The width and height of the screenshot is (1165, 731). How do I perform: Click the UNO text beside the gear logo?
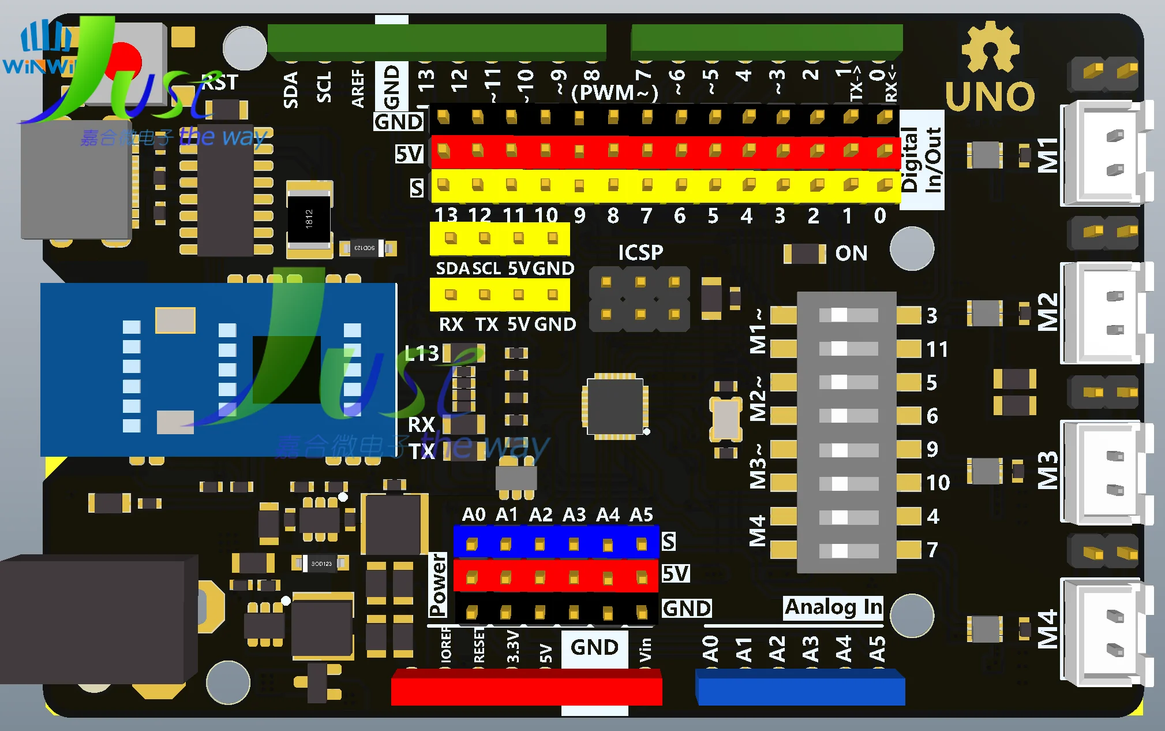(x=990, y=96)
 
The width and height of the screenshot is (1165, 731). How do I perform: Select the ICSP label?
(x=640, y=252)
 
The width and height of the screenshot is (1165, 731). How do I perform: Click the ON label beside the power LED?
(x=851, y=253)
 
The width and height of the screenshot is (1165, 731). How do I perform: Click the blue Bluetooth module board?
(x=218, y=370)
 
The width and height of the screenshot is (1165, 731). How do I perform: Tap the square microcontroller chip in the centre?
(x=615, y=406)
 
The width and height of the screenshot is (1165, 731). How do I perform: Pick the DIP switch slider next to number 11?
(x=840, y=349)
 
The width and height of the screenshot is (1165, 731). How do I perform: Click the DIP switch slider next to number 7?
(x=840, y=550)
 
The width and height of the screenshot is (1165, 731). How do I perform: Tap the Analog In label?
(x=833, y=607)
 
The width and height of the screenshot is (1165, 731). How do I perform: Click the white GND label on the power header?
(x=594, y=647)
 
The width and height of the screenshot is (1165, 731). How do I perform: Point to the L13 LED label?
(x=422, y=353)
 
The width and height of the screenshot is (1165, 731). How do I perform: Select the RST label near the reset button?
(x=220, y=83)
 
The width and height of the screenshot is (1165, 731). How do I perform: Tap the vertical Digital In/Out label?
(x=921, y=160)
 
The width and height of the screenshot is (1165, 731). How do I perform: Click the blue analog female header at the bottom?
(x=800, y=688)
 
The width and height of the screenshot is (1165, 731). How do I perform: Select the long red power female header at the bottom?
(x=526, y=688)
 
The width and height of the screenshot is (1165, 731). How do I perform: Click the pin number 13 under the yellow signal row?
(x=445, y=215)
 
